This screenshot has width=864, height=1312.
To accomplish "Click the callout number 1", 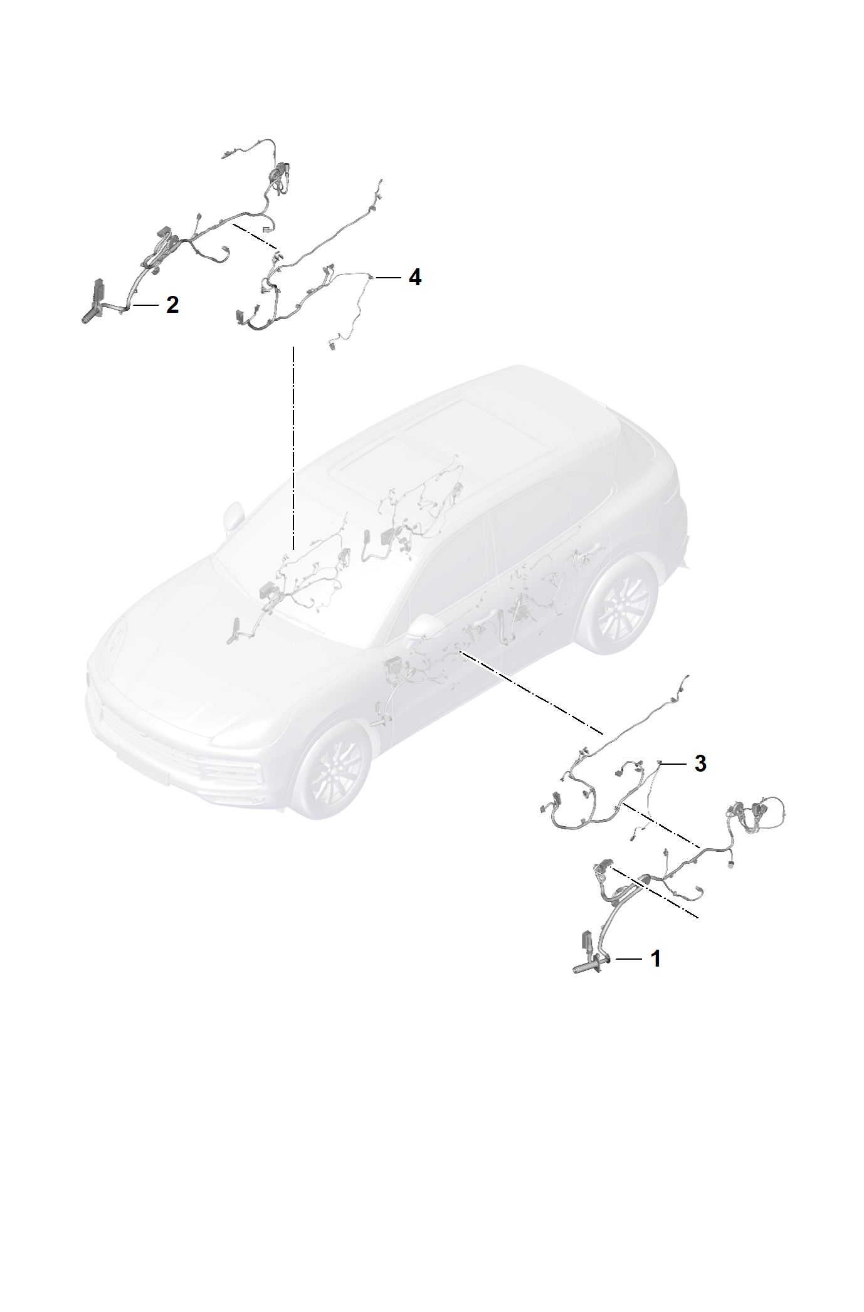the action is pyautogui.click(x=656, y=976).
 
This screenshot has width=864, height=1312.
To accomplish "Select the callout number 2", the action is pyautogui.click(x=172, y=305).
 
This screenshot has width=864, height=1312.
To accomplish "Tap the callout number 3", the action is pyautogui.click(x=700, y=764).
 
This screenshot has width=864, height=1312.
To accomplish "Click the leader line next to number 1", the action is pyautogui.click(x=628, y=977).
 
